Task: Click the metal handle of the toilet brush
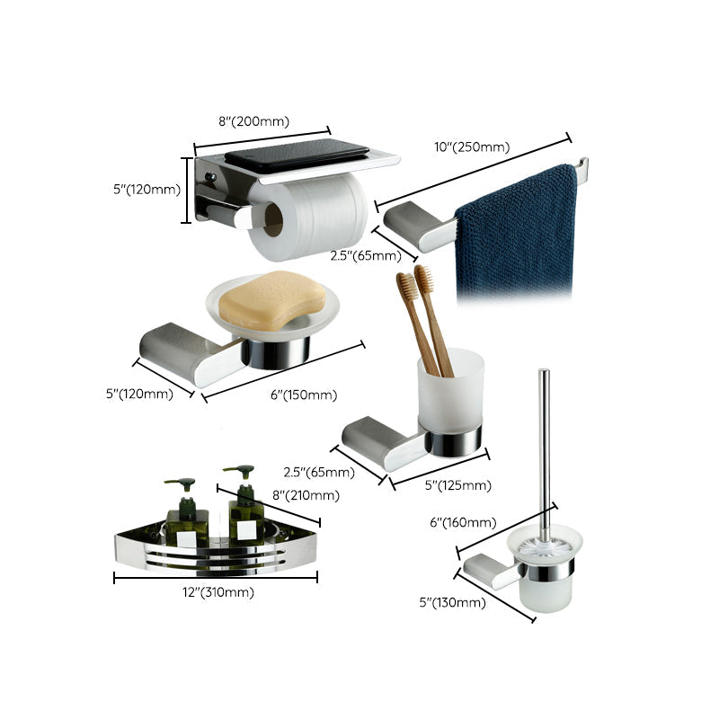click(x=543, y=449)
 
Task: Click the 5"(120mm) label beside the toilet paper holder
click(x=147, y=190)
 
